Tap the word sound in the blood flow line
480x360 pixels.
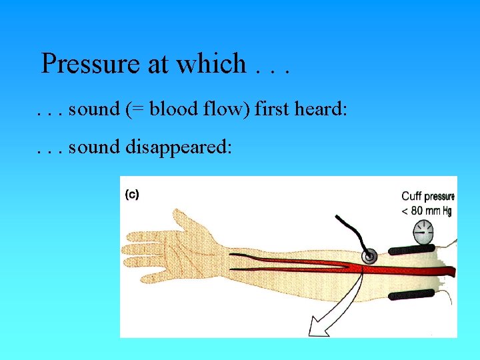94,109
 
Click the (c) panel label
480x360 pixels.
131,195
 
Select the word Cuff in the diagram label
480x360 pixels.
413,197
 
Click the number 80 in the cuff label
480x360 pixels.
419,211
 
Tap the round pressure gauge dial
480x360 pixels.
423,234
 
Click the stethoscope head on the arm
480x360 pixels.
369,255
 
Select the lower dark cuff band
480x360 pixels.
411,294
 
